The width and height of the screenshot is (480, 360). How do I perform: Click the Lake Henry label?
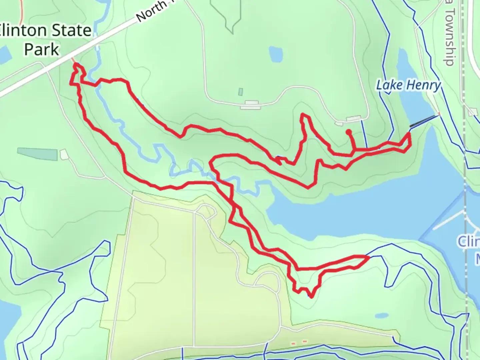408,85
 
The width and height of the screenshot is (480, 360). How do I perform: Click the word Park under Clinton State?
42,49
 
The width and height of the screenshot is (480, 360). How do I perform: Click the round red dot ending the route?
349,132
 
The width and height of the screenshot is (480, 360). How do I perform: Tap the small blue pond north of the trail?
276,54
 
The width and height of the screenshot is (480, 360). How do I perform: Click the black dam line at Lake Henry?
424,121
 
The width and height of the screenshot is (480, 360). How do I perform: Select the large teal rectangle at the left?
37,154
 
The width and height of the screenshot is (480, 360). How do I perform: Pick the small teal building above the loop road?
241,91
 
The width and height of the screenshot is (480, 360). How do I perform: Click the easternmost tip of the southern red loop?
368,257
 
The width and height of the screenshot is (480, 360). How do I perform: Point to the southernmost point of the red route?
311,297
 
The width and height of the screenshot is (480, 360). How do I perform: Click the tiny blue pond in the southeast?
380,315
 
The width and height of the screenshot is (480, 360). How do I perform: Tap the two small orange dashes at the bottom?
299,342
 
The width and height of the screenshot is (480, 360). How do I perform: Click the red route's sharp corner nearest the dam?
409,134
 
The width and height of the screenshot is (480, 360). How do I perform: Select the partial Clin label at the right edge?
468,242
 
